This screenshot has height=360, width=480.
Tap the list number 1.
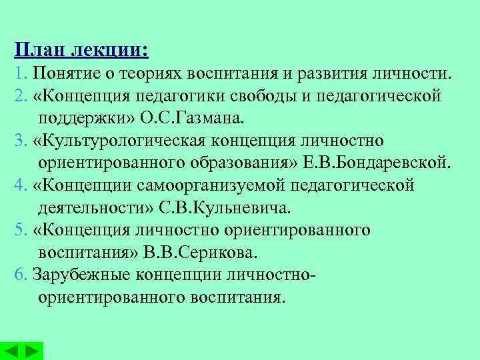click(x=18, y=71)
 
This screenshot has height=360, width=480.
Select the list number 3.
click(x=18, y=140)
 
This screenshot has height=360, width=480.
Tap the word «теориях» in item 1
click(x=154, y=71)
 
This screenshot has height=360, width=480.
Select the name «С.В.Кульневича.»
click(x=224, y=208)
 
